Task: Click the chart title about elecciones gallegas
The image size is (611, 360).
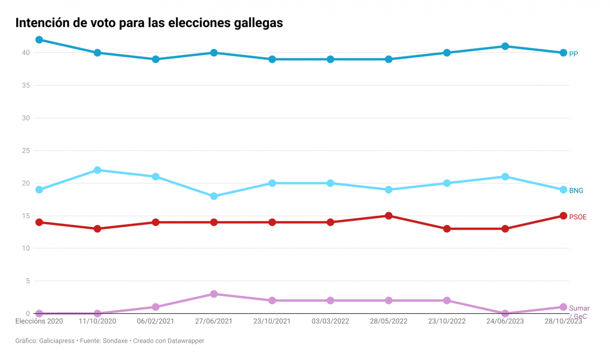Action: [149, 23]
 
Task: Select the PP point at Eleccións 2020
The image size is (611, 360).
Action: [39, 40]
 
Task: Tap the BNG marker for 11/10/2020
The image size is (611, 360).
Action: [97, 170]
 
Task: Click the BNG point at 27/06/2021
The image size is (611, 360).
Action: [214, 196]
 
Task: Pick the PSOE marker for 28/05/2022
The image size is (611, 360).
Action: [389, 216]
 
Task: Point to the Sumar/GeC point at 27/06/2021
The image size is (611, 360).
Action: [214, 294]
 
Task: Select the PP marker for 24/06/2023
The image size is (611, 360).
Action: [505, 46]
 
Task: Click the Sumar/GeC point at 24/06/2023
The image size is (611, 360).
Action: [505, 314]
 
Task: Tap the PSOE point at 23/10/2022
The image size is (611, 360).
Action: [447, 229]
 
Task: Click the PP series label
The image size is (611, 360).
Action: [573, 53]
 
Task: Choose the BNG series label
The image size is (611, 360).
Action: [576, 190]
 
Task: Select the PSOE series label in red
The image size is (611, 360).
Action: [577, 217]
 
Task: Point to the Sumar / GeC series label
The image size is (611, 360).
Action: [579, 312]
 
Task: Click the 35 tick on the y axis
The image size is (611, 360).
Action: [25, 86]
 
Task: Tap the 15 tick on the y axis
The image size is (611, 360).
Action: [25, 216]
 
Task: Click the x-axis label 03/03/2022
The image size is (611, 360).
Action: [330, 322]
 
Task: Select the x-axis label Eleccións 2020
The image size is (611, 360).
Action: [39, 322]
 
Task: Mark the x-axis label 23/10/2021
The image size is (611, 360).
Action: [272, 322]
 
